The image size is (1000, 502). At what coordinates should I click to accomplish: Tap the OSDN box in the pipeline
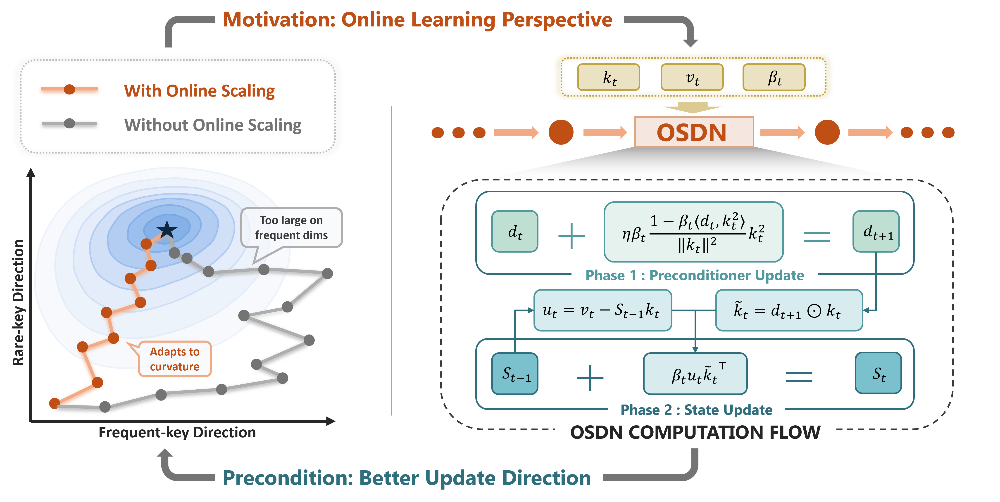click(694, 132)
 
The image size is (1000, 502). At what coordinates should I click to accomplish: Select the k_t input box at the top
click(609, 77)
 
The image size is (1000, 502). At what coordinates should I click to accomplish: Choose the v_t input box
click(692, 77)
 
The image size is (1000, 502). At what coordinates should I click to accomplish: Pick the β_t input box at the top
click(774, 77)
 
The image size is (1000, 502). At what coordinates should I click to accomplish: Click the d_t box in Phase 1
click(515, 232)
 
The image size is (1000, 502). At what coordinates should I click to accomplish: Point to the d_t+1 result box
click(876, 232)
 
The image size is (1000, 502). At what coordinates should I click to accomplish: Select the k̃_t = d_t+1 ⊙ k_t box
click(789, 310)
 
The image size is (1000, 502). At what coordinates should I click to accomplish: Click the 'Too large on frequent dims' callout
click(292, 228)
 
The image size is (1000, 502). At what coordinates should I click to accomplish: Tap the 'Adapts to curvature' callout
click(175, 359)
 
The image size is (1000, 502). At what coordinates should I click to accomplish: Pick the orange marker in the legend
click(69, 89)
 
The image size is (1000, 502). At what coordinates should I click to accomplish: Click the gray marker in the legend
click(69, 123)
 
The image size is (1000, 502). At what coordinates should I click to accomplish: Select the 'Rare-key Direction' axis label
click(18, 303)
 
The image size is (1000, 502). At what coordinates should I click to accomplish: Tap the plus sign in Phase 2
click(590, 377)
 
